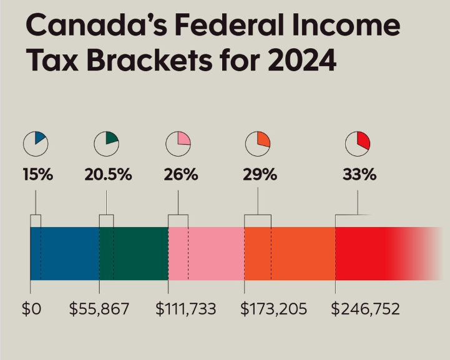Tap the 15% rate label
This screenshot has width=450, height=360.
click(37, 175)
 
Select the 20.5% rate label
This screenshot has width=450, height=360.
click(108, 175)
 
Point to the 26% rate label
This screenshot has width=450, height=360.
click(180, 175)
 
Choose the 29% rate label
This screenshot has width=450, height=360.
click(259, 175)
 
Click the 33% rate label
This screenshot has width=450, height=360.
click(359, 175)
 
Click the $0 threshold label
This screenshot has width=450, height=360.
click(31, 309)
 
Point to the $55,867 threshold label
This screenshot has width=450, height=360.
click(99, 309)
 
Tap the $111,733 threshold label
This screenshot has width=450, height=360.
click(185, 309)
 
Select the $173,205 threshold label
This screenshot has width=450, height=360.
click(274, 309)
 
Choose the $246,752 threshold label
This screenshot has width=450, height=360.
click(365, 309)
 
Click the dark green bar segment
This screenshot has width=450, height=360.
click(134, 253)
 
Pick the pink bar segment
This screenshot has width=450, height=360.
click(206, 253)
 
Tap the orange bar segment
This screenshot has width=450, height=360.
click(290, 253)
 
